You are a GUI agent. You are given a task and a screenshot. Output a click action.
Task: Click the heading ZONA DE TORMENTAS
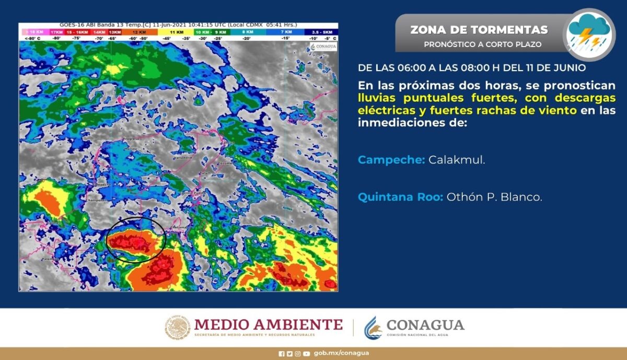[479, 30]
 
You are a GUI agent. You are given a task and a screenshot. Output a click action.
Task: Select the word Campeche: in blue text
[391, 160]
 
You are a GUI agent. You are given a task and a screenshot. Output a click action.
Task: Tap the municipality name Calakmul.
[457, 160]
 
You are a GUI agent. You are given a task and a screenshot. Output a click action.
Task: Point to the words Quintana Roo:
[400, 198]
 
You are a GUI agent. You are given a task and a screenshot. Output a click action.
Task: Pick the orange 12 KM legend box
[136, 32]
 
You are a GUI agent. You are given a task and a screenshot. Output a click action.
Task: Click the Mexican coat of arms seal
[178, 327]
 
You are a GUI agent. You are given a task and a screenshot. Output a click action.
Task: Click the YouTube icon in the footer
[306, 353]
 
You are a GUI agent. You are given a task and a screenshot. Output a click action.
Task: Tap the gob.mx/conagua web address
[341, 353]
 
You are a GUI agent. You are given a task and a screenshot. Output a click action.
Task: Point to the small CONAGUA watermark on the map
[323, 47]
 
